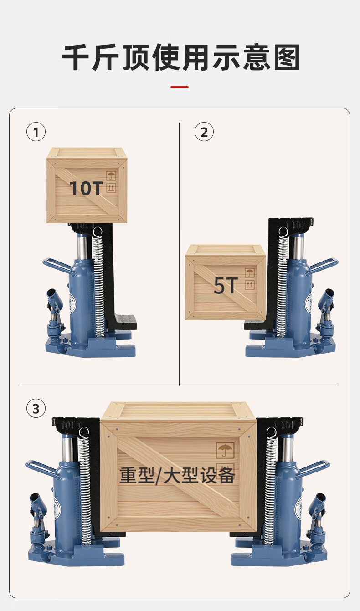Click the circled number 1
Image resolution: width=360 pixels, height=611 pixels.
[x=36, y=132]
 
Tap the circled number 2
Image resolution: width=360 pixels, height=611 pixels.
[x=204, y=132]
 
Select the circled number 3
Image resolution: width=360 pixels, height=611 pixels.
[x=36, y=408]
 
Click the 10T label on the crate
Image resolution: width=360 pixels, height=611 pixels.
[x=86, y=188]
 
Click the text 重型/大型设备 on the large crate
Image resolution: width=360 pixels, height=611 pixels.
[x=177, y=475]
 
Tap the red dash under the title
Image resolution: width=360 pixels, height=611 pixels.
[x=180, y=87]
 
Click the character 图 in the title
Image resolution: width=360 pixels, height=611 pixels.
[x=287, y=57]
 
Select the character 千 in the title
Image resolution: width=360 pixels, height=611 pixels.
[x=76, y=57]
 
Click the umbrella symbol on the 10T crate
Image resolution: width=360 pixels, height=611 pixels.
[x=111, y=175]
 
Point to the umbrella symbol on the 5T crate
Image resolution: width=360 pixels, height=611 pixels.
[x=250, y=273]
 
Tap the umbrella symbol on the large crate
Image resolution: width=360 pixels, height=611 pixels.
[x=225, y=450]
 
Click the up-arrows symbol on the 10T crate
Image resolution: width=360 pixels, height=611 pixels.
[x=111, y=188]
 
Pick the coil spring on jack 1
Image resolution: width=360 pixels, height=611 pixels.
[x=98, y=284]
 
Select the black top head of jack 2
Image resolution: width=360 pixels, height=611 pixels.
[x=291, y=224]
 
